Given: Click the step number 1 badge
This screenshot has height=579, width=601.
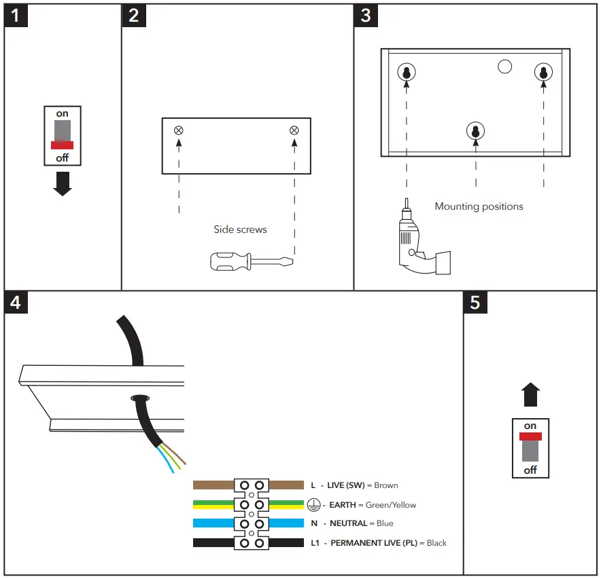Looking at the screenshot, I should (16, 16).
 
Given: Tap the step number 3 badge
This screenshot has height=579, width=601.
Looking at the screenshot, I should (366, 16).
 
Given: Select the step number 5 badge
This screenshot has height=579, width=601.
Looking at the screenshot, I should (475, 302).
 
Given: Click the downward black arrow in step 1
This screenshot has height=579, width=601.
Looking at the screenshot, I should (63, 184).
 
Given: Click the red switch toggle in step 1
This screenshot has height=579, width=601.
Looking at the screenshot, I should (62, 145).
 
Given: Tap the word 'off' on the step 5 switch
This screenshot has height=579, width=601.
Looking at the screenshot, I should (530, 470).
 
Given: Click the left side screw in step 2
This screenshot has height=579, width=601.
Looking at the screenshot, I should (179, 130).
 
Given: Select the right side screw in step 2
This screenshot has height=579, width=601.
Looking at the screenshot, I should (294, 130).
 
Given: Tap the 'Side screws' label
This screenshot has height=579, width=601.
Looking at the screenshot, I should (240, 230).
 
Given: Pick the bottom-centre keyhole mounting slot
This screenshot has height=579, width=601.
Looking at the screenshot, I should (475, 132).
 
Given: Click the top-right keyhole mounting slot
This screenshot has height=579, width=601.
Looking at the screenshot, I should (543, 72).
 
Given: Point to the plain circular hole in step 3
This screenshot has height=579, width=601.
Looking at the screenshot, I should (504, 67).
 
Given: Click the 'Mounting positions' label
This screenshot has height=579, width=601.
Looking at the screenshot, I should (479, 206).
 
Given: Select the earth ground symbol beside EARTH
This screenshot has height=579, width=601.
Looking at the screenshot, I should (313, 505).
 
